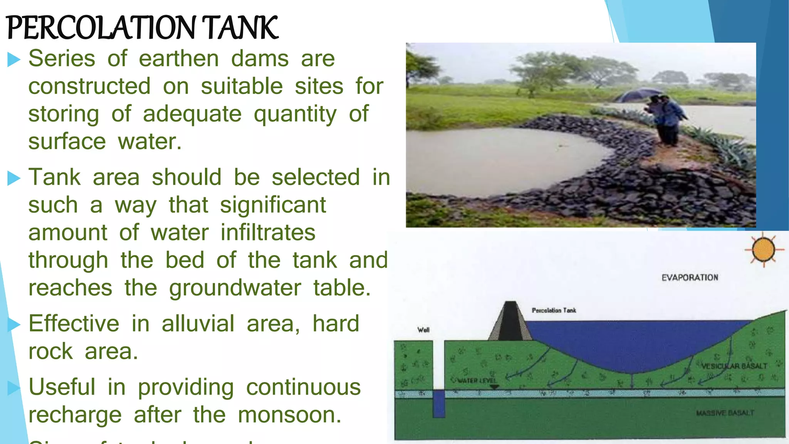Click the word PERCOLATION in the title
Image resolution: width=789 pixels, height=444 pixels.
(101, 28)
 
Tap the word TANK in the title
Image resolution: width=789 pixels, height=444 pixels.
(239, 28)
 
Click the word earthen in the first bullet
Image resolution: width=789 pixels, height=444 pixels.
(179, 59)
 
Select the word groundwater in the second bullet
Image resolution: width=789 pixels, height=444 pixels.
(235, 288)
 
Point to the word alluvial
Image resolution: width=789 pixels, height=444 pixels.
(198, 323)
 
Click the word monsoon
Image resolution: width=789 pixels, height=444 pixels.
(289, 415)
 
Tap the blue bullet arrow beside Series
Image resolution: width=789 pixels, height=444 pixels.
(14, 60)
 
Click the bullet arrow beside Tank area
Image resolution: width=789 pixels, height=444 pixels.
(14, 178)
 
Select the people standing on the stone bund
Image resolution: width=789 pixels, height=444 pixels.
(666, 119)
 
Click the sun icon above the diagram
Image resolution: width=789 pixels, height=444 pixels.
(763, 250)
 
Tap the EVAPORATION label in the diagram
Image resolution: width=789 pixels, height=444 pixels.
(690, 277)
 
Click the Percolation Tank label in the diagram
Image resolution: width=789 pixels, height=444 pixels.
(554, 310)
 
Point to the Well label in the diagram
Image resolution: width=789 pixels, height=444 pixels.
(423, 330)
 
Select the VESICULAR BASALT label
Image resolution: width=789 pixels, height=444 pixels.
(734, 366)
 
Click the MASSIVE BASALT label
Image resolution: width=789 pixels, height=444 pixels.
(725, 413)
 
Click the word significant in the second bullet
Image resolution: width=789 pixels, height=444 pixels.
(273, 205)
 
